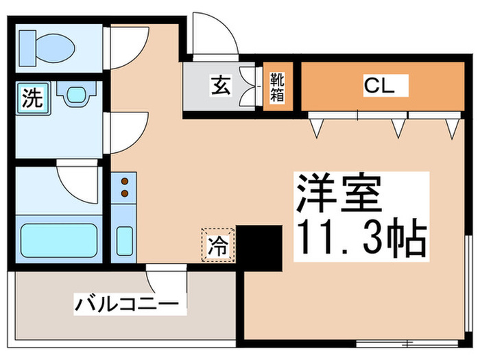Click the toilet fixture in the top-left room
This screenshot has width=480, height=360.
(x=46, y=47)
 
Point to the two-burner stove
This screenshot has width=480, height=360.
(x=125, y=188)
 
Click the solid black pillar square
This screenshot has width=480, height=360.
(x=259, y=247)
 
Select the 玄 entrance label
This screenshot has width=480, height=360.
(x=220, y=87)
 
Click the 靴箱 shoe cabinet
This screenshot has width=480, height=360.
(x=278, y=87)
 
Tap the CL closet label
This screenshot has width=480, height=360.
(x=376, y=86)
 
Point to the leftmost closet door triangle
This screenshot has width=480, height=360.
(x=317, y=127)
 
